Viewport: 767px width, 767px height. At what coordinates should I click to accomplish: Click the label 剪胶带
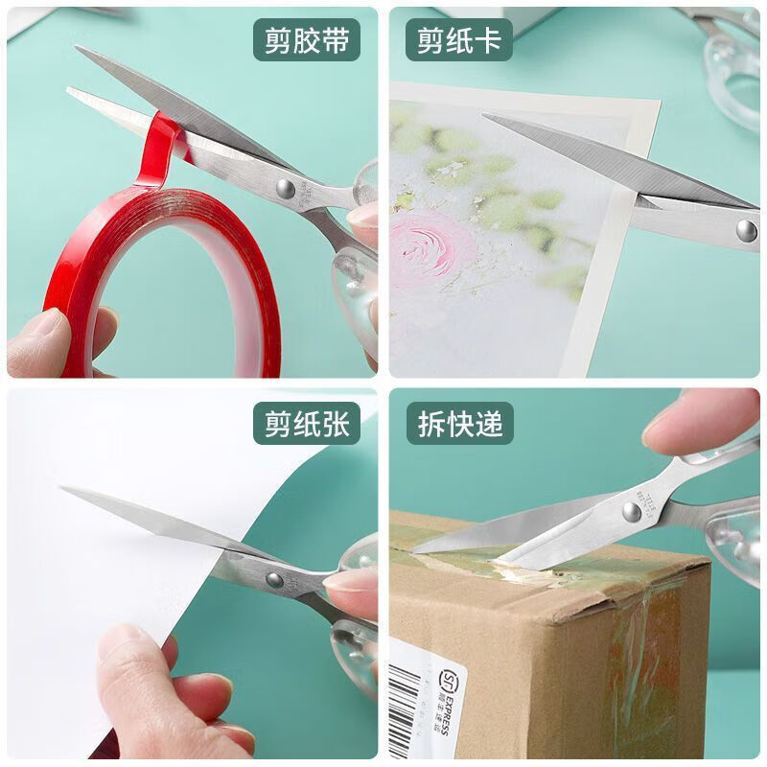[x=306, y=40]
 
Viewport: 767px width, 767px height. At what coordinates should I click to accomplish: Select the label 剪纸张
[x=306, y=422]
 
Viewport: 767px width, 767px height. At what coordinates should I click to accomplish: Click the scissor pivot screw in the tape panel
[x=286, y=188]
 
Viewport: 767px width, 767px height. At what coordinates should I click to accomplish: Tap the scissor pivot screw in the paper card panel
[x=746, y=229]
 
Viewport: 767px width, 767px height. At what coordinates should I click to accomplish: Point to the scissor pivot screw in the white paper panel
[x=274, y=579]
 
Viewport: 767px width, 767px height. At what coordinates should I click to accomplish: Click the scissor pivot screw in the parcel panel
[x=631, y=511]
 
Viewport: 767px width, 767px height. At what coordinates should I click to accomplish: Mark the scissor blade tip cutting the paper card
[x=487, y=117]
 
